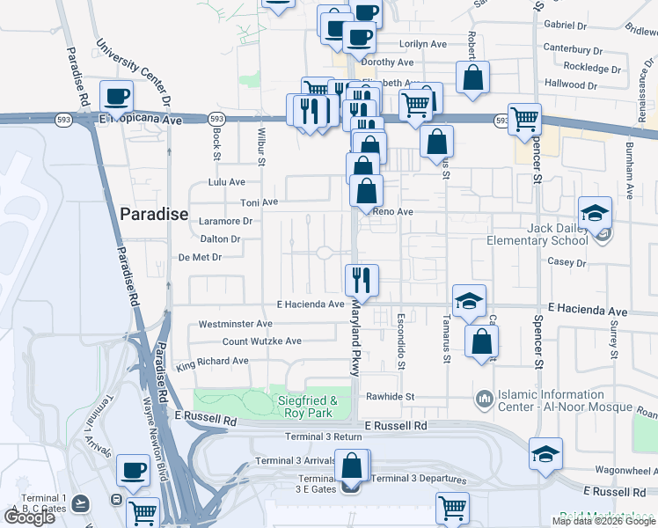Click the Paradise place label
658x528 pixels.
point(154,214)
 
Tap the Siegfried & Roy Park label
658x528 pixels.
point(314,406)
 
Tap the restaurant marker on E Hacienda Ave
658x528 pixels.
point(362,280)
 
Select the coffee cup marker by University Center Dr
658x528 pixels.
point(117,96)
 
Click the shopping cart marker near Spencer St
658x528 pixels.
point(525,118)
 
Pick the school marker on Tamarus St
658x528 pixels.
point(469,301)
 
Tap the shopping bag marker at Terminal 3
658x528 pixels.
point(352,466)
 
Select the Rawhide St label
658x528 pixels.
point(390,397)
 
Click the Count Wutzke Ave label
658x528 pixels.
point(261,341)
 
